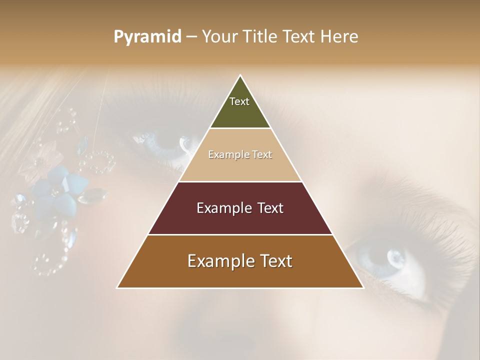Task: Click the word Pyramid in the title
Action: (x=147, y=37)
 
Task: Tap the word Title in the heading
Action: (x=260, y=36)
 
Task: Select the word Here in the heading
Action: (x=339, y=36)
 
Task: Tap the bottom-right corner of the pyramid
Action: (x=363, y=287)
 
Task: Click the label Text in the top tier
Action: (x=239, y=101)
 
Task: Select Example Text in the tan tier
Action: (x=240, y=155)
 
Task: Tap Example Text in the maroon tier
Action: (x=240, y=208)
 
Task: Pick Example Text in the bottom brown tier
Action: (x=240, y=261)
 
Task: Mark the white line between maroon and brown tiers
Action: (x=240, y=234)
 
